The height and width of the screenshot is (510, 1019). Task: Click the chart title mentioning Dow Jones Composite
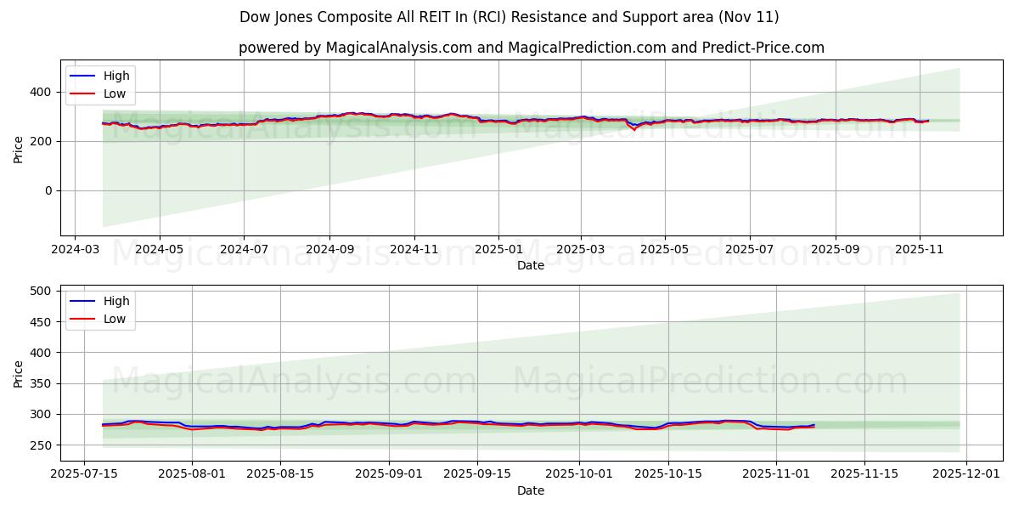point(509,17)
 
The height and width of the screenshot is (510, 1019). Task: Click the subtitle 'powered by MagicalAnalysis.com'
point(531,48)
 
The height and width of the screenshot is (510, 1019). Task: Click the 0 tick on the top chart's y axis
point(49,190)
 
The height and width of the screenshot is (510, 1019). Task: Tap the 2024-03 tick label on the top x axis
point(75,251)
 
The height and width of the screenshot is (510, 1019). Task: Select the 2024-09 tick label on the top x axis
point(329,251)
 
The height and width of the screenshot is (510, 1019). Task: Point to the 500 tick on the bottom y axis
point(42,291)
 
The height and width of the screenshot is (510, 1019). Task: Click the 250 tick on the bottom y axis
point(42,445)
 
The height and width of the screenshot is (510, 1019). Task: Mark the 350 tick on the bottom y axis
point(42,383)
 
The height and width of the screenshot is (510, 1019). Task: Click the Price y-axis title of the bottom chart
point(19,373)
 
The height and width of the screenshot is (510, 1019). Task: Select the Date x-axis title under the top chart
point(531,266)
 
